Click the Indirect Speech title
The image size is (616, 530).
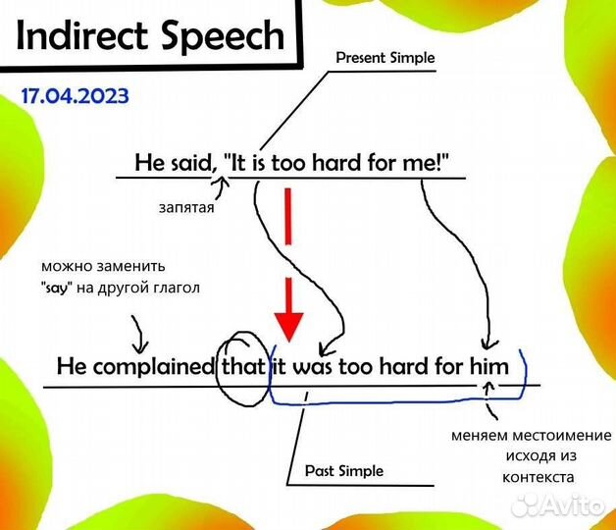[x=150, y=36]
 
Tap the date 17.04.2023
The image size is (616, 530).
[x=74, y=98]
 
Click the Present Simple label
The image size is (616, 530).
[x=385, y=58]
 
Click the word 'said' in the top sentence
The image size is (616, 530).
[x=185, y=163]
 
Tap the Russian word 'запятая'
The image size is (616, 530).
[x=185, y=207]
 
